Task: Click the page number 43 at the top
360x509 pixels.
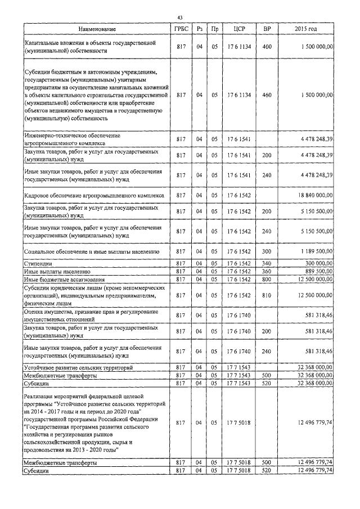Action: point(180,16)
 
